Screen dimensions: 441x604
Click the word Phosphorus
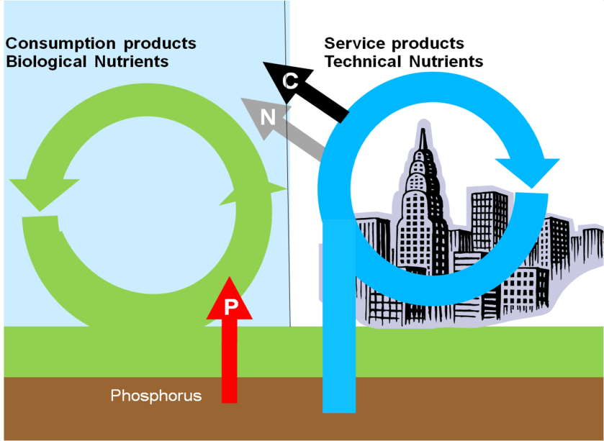(x=155, y=396)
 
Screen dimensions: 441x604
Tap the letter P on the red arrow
(x=230, y=307)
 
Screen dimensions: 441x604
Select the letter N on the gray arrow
(x=267, y=116)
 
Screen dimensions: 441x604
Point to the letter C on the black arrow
(x=289, y=81)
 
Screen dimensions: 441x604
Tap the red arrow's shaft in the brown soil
(x=230, y=388)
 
